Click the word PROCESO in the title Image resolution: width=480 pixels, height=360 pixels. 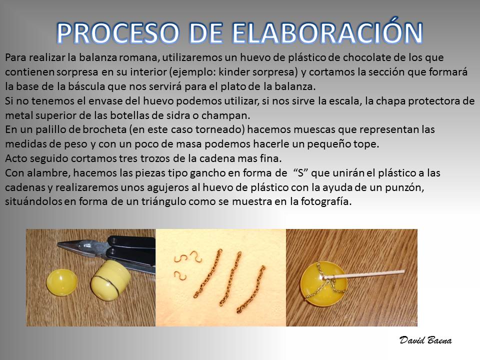118,33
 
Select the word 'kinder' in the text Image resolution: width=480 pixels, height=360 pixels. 234,72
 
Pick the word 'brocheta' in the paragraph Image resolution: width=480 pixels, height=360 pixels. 104,129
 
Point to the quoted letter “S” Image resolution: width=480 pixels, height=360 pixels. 300,173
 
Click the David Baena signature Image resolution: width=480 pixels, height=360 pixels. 425,340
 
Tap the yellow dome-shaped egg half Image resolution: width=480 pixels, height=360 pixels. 62,282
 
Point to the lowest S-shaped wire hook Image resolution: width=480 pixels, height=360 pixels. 180,276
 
